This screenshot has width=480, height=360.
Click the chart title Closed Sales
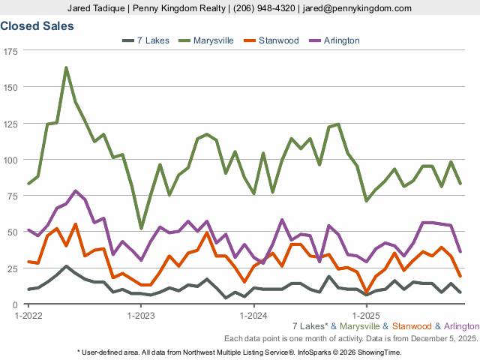[x=37, y=26]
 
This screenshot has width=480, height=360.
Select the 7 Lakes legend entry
[x=153, y=40]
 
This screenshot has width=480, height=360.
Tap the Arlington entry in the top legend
[x=341, y=40]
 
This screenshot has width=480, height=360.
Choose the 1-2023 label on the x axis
[x=140, y=316]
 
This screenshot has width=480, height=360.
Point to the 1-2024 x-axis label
[x=253, y=316]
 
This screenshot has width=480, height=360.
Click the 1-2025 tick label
[x=367, y=316]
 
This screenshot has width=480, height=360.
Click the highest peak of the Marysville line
[x=66, y=67]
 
